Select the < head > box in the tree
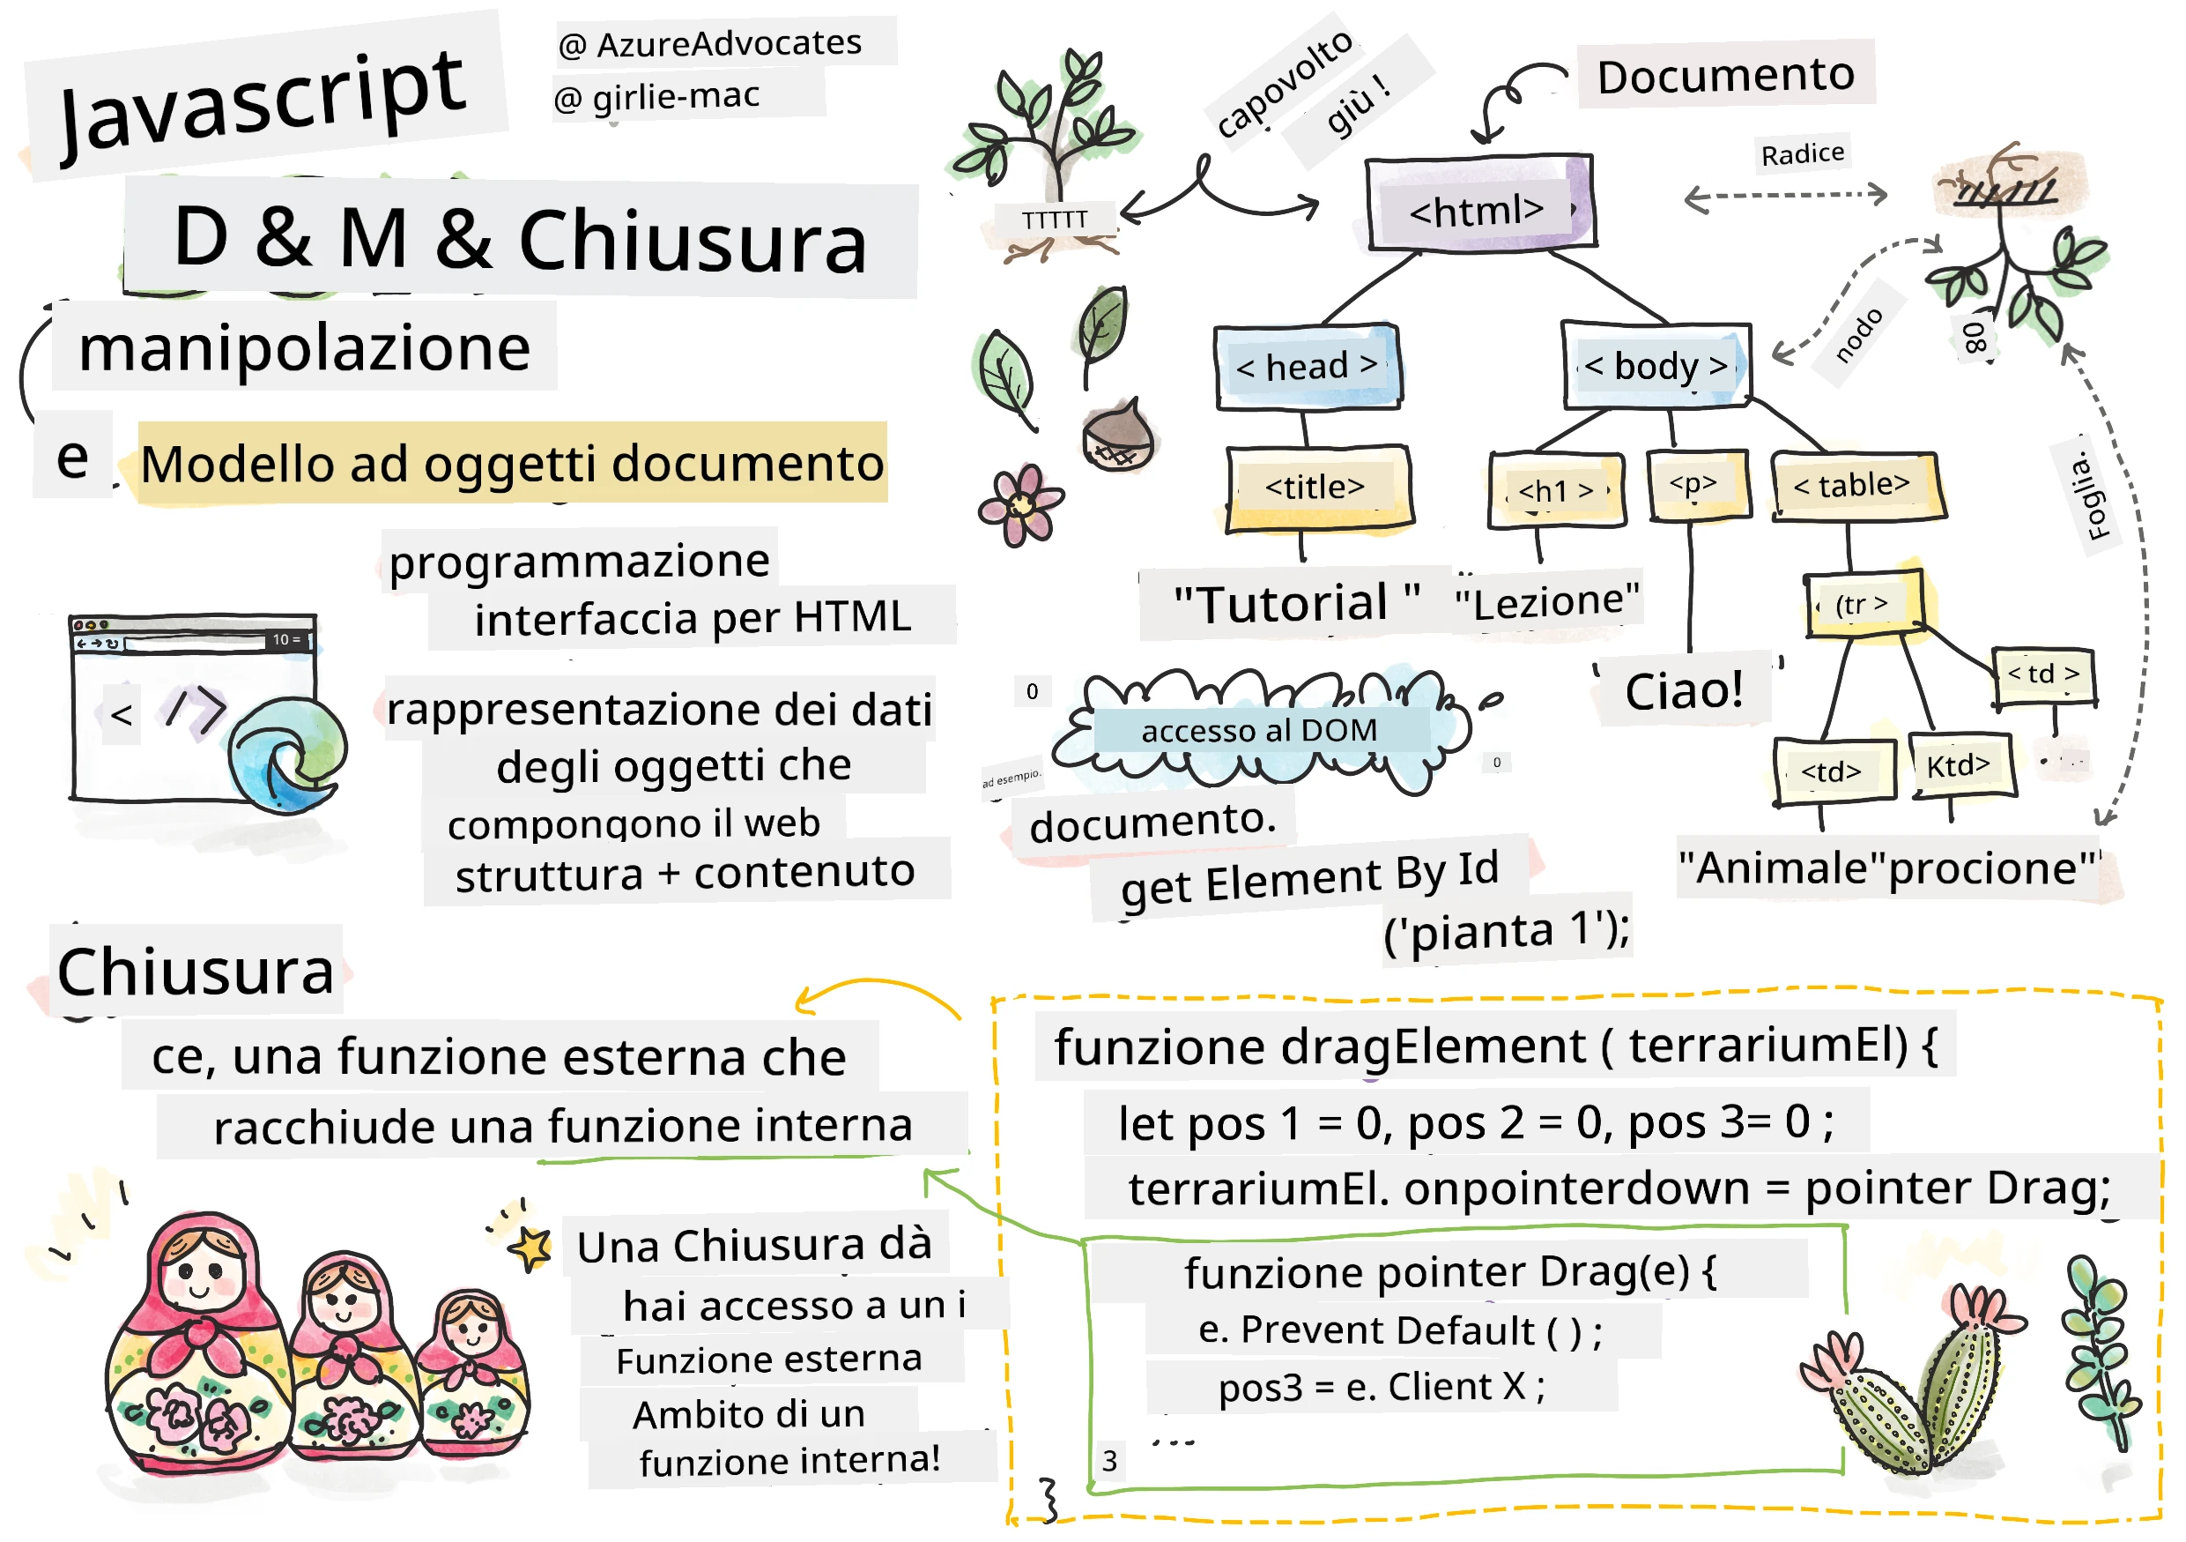click(1308, 367)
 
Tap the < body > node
click(1656, 365)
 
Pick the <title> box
click(1320, 488)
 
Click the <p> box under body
click(1700, 486)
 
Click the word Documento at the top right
click(1726, 75)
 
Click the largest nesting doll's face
click(200, 1272)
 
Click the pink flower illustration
click(1020, 505)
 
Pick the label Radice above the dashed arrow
click(1803, 154)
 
